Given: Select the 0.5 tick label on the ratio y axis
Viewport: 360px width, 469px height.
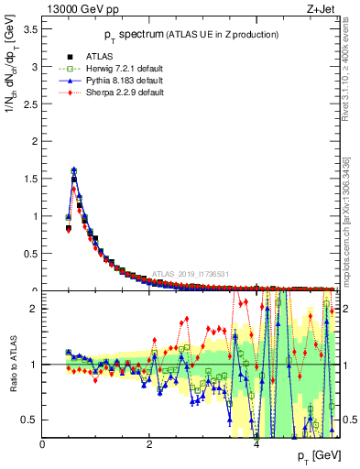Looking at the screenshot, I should pyautogui.click(x=30, y=420).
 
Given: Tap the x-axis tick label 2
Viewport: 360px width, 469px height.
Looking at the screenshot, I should pyautogui.click(x=149, y=444).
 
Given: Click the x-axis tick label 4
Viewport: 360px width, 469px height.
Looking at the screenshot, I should pyautogui.click(x=256, y=444).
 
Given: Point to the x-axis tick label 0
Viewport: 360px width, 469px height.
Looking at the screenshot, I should pyautogui.click(x=42, y=444).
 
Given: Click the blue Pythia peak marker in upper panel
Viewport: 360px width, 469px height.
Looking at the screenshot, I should pyautogui.click(x=73, y=169).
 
